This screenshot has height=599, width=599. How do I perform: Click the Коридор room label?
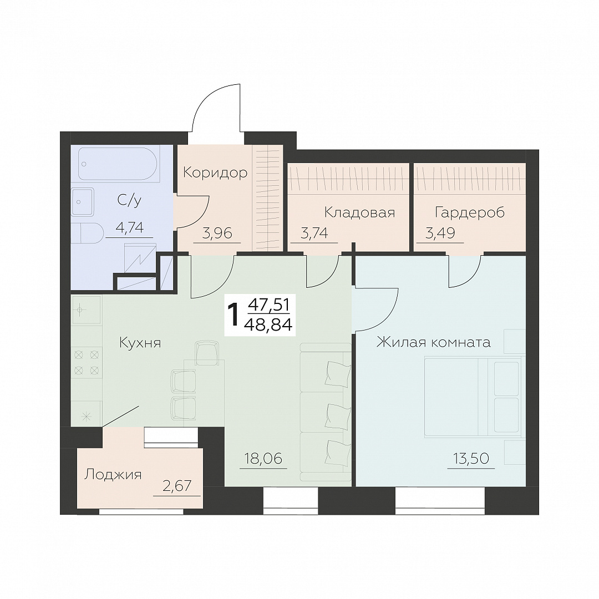point(215,172)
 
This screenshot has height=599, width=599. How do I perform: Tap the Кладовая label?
point(359,212)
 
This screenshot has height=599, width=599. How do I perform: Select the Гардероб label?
point(470,212)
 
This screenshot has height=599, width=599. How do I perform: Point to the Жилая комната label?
point(434,342)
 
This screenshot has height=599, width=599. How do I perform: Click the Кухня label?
point(140,343)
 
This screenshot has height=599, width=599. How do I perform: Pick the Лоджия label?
point(113,474)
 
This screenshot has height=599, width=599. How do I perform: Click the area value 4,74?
point(129,228)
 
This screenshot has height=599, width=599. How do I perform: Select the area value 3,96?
point(217,232)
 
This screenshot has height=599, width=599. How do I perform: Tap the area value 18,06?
point(263,458)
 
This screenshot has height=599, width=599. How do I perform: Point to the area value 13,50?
point(471,458)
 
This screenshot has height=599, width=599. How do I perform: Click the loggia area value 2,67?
point(176,486)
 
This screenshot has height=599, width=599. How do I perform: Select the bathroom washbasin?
point(83,201)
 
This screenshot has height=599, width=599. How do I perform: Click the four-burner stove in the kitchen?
point(87,362)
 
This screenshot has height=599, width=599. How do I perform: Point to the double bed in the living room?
point(473,396)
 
